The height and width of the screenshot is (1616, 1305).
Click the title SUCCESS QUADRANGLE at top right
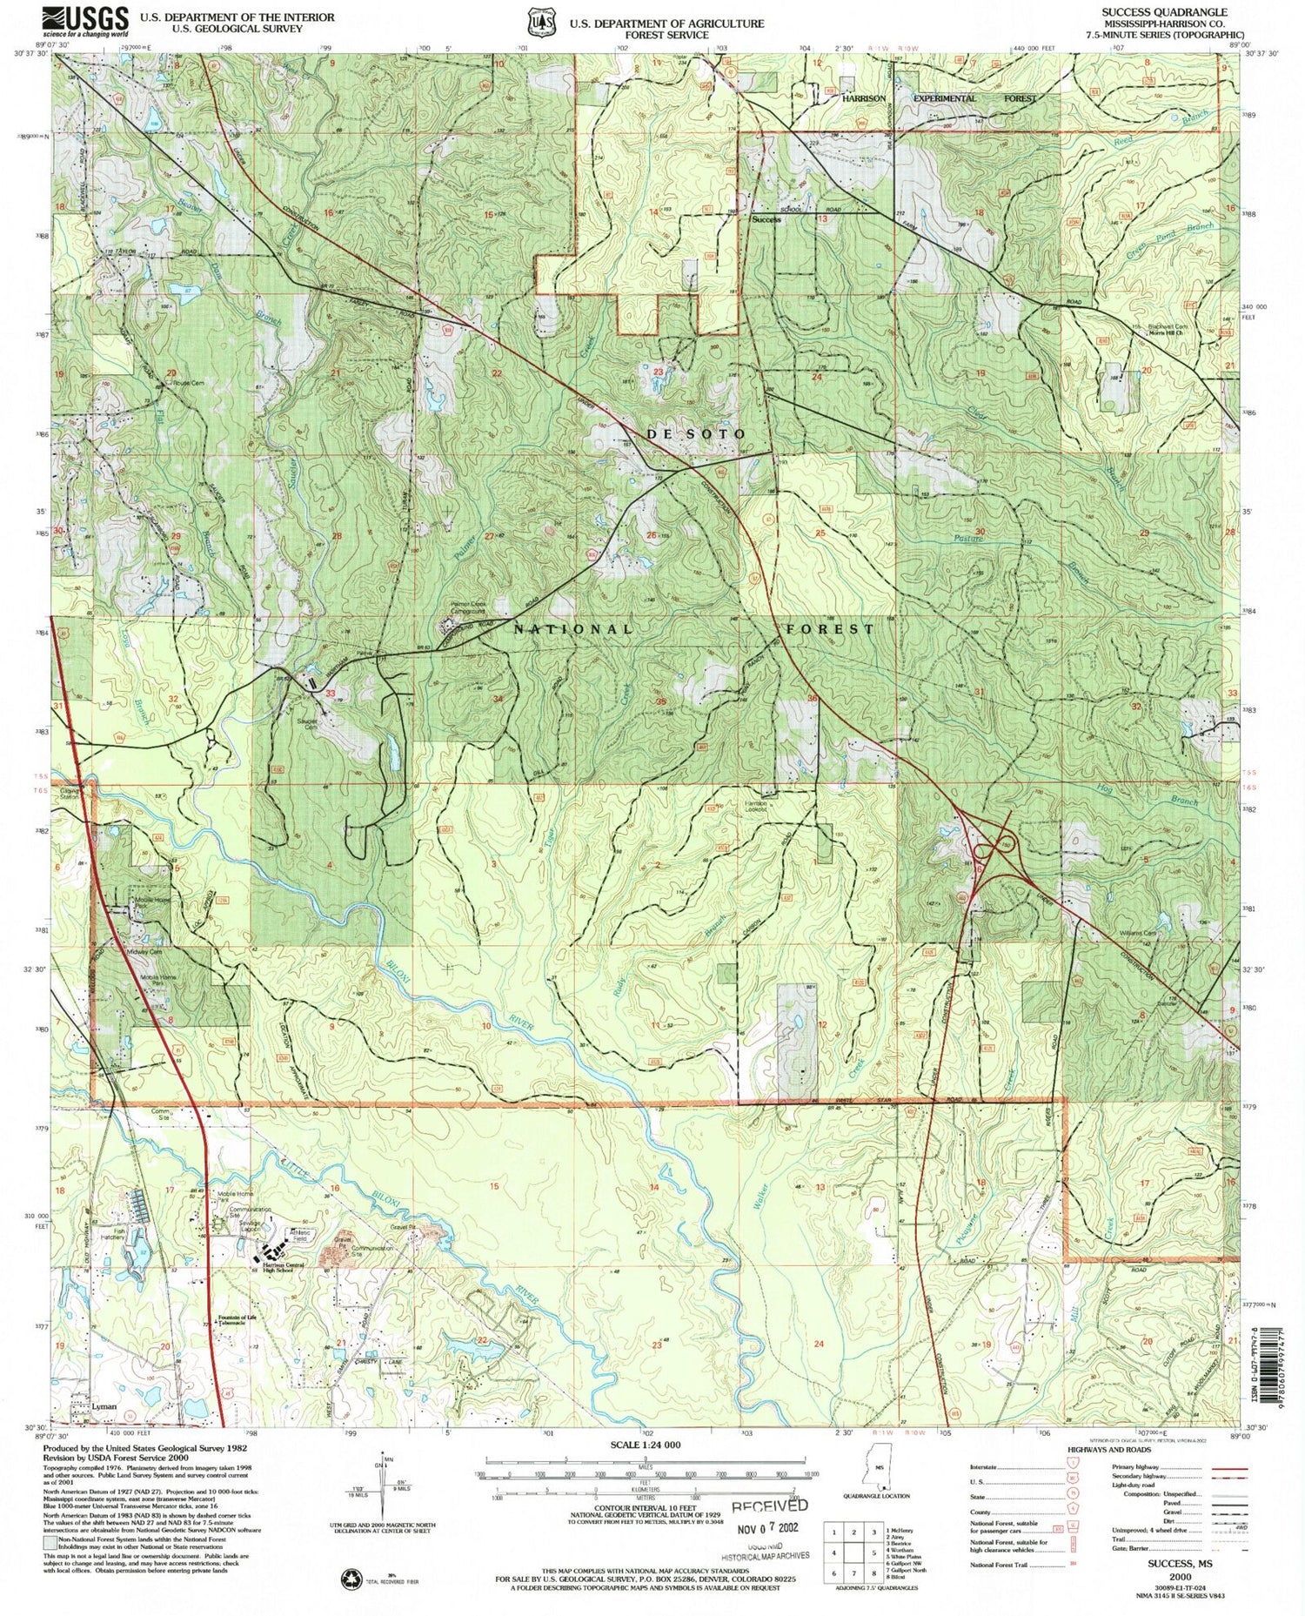tap(1165, 13)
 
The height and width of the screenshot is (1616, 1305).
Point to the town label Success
tap(766, 220)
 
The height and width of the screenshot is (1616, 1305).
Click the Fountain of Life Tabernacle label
tap(237, 1318)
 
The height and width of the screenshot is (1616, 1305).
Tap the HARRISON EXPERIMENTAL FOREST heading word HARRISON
tap(863, 98)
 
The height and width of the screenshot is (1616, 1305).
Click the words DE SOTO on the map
tap(695, 433)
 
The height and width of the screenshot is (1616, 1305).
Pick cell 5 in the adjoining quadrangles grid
tap(873, 1552)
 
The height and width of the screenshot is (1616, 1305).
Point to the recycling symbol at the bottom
tap(352, 1578)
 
